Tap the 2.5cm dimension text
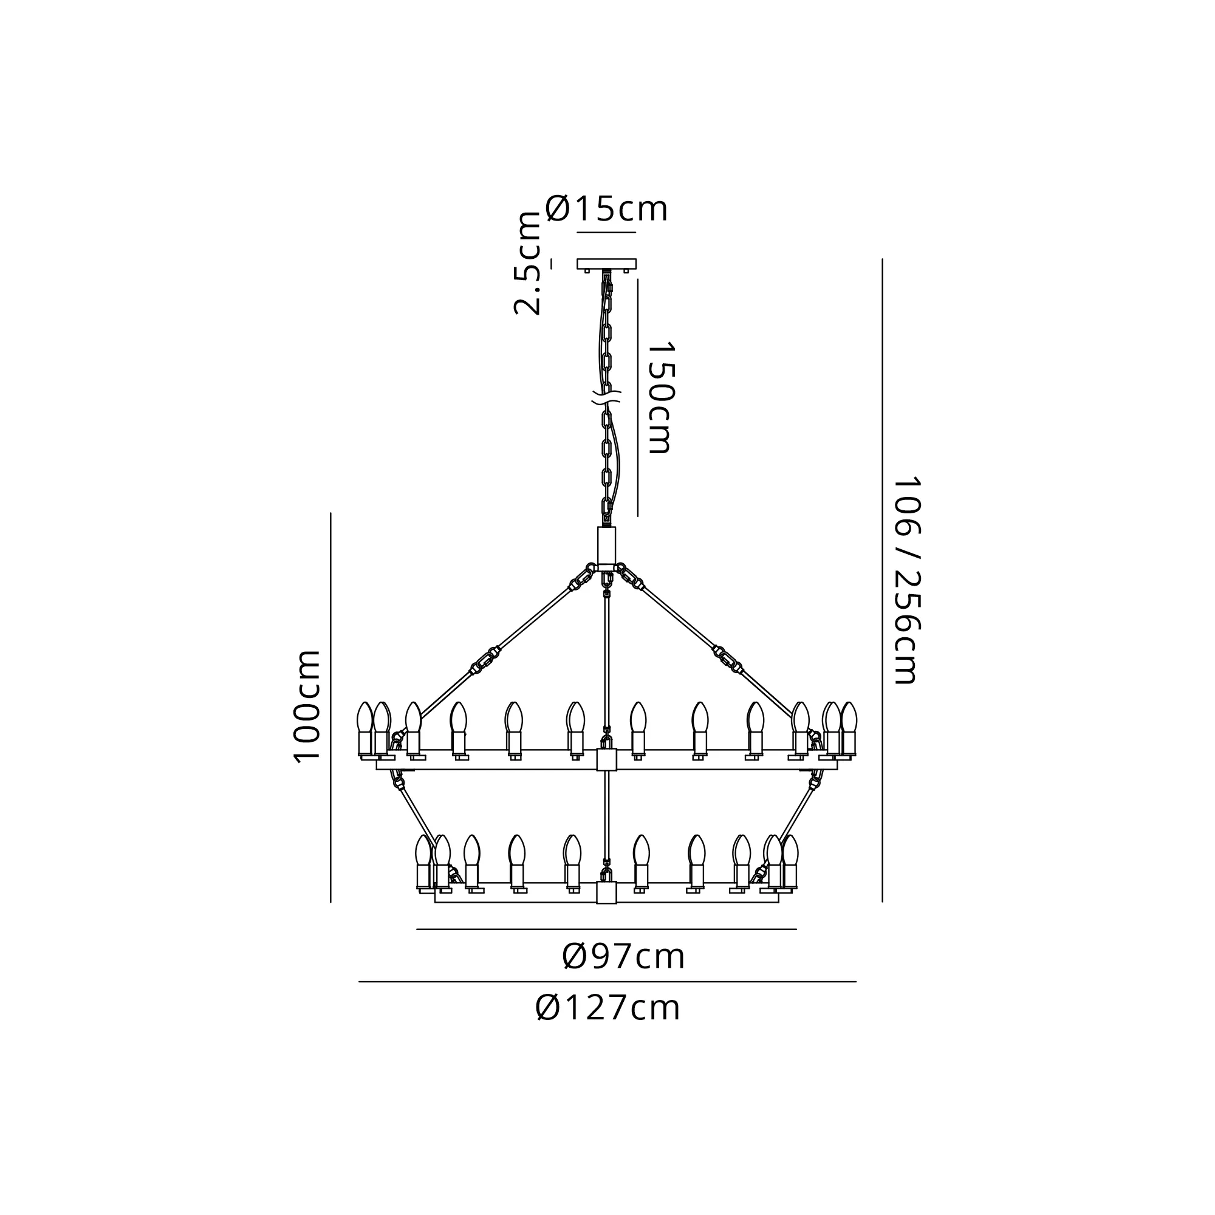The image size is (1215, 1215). coord(527,263)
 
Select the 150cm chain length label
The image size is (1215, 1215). coord(660,397)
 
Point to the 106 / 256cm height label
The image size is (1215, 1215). coord(906,579)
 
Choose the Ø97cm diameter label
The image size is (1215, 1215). coord(623,957)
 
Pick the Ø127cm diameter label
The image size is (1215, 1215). coord(607,1008)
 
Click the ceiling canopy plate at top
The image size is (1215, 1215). coord(607,264)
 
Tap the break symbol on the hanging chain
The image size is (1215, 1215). coord(607,397)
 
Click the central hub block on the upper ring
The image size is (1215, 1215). coord(607,759)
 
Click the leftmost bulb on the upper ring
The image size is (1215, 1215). coord(364,728)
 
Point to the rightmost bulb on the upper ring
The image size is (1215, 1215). coord(849,728)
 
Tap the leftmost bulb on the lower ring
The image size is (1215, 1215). coord(423,861)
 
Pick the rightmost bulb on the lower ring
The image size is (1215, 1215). coord(790,861)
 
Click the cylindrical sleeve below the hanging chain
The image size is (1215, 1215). coord(607,547)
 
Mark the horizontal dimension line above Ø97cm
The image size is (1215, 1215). coord(606,929)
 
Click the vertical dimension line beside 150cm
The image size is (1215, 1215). coord(637,397)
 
